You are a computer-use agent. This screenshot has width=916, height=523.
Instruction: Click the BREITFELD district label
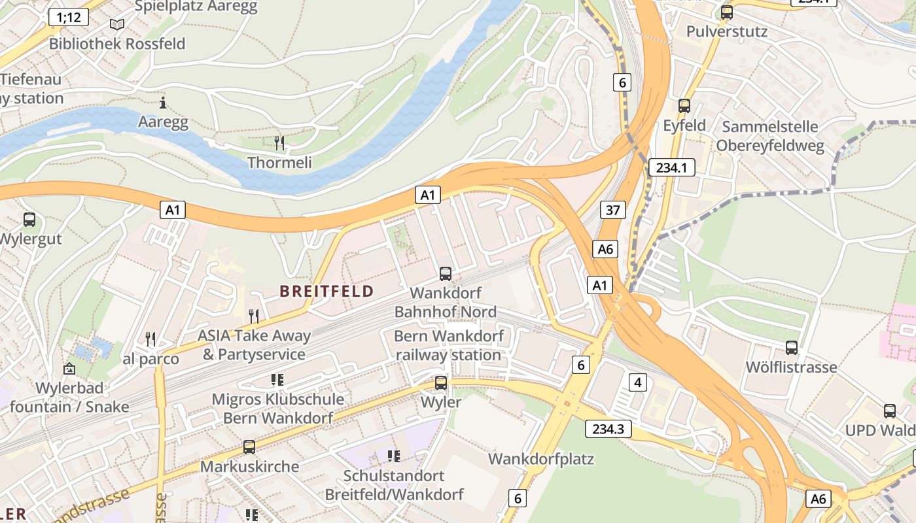pyautogui.click(x=326, y=291)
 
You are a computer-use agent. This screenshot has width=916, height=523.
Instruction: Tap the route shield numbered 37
pyautogui.click(x=612, y=210)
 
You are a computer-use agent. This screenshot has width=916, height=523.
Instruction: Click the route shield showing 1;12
pyautogui.click(x=69, y=17)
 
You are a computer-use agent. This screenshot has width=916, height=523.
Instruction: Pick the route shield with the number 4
pyautogui.click(x=638, y=382)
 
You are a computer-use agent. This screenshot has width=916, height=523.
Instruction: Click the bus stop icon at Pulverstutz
pyautogui.click(x=726, y=12)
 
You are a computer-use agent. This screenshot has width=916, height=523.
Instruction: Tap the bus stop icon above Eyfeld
pyautogui.click(x=684, y=105)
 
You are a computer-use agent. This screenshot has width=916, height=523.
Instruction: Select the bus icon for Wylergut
pyautogui.click(x=29, y=220)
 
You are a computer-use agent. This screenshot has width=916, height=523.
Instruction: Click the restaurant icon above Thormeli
pyautogui.click(x=279, y=143)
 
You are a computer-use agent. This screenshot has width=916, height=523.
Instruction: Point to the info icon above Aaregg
pyautogui.click(x=163, y=103)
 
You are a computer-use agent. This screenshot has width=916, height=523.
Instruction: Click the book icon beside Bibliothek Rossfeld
pyautogui.click(x=117, y=25)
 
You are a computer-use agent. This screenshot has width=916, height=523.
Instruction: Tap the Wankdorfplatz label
pyautogui.click(x=540, y=459)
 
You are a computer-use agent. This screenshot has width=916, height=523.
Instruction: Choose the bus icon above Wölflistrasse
pyautogui.click(x=792, y=348)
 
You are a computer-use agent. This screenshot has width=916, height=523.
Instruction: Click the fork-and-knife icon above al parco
pyautogui.click(x=150, y=339)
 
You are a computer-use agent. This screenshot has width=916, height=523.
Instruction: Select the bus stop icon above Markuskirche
pyautogui.click(x=249, y=447)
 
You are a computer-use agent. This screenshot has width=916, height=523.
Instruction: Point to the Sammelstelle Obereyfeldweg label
pyautogui.click(x=770, y=136)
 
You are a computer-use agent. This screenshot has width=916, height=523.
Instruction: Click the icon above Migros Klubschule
pyautogui.click(x=277, y=380)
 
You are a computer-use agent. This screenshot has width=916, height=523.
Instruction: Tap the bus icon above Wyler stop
pyautogui.click(x=441, y=383)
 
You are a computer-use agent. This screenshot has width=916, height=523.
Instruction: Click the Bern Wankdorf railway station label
pyautogui.click(x=449, y=346)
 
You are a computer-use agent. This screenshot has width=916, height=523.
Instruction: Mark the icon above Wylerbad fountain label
pyautogui.click(x=69, y=369)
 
